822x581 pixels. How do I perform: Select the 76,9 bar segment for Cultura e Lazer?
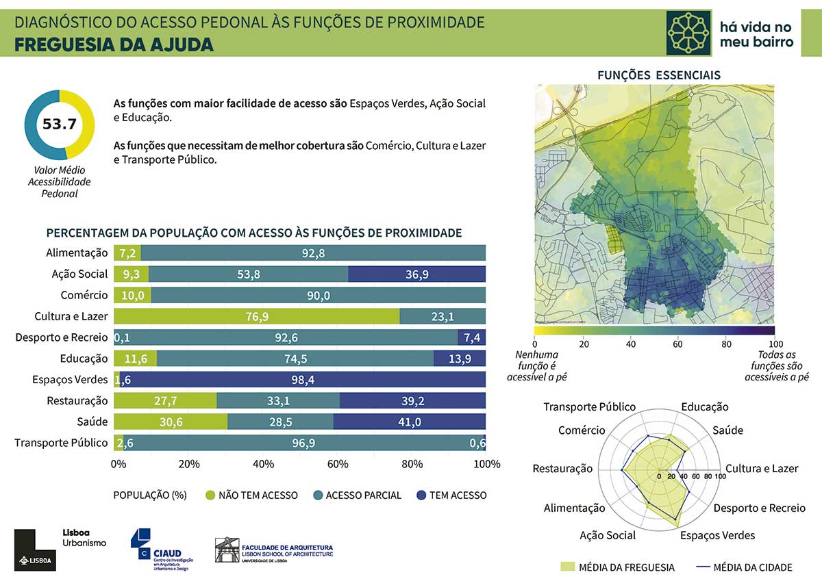point(257,315)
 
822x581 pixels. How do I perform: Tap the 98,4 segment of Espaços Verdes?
point(303,379)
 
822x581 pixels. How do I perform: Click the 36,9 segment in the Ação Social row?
point(416,274)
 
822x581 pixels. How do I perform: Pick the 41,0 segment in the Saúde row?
point(409,422)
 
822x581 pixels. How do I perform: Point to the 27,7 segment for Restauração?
point(165,400)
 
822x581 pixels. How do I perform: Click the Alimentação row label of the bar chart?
point(77,253)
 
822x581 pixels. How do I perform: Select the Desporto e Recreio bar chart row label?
point(62,337)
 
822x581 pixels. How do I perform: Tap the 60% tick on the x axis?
point(338,464)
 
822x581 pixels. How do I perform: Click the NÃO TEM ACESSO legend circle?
point(210,495)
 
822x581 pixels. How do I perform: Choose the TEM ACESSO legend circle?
point(421,495)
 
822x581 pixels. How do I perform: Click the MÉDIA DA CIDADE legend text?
point(752,567)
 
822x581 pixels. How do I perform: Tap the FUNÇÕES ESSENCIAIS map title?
point(659,75)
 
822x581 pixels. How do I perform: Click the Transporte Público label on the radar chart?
point(589,407)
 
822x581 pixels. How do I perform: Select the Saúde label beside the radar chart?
point(727,430)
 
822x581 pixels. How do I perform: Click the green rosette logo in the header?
point(688,32)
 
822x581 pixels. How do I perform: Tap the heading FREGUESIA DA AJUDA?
point(114,44)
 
